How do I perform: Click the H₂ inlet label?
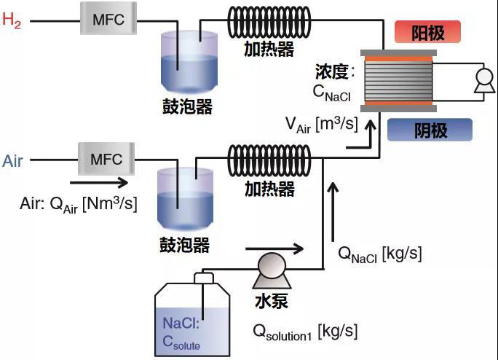[12, 20]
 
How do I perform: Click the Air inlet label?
[13, 161]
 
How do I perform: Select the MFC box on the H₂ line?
[108, 20]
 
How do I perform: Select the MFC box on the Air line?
[106, 158]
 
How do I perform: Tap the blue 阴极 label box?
[430, 130]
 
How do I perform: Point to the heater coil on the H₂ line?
[269, 23]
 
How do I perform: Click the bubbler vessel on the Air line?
[183, 198]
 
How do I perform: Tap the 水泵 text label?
[271, 300]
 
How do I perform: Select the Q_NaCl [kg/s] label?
[380, 254]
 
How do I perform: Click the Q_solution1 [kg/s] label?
[305, 332]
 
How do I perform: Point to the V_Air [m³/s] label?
[321, 125]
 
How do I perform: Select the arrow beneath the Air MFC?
[98, 183]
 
